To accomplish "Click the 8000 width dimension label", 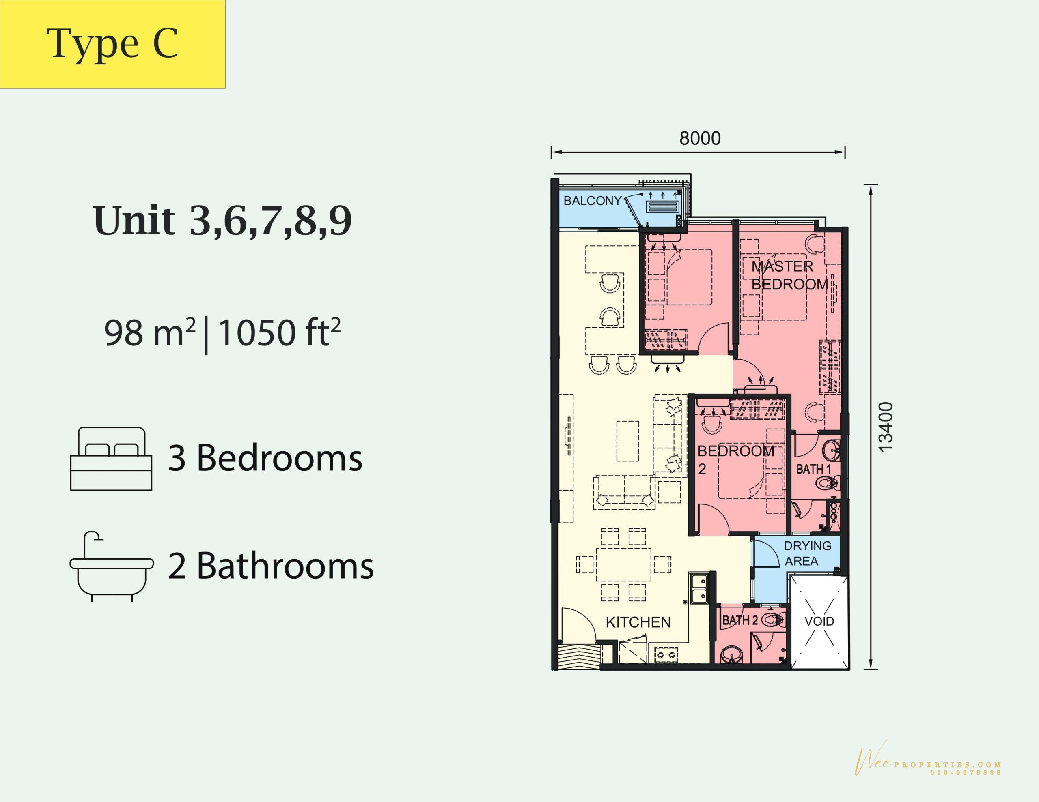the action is pos(700,138).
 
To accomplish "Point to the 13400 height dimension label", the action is pos(886,427).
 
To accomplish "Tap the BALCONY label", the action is pos(592,201).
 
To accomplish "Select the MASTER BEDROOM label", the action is pos(790,275).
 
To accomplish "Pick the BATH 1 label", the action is pos(813,469).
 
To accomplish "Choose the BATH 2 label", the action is pos(740,620).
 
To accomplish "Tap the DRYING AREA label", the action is pos(807,553).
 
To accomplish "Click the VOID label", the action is pos(819,621).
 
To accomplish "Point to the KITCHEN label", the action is pos(638,622).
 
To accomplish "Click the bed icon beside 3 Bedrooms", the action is pos(111,458).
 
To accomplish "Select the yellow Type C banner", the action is pos(113,44).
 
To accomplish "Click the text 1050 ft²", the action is pos(280,332).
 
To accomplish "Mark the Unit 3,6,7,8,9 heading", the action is pos(223,221).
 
